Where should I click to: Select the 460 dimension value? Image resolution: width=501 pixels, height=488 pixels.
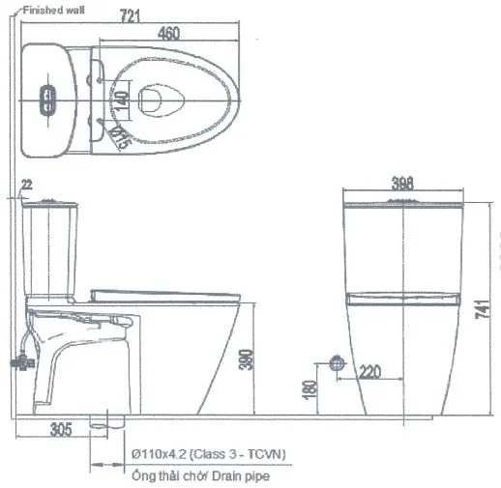tap(167, 34)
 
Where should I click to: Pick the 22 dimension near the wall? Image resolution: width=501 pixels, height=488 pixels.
tap(26, 184)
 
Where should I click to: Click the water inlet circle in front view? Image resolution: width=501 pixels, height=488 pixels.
tap(336, 363)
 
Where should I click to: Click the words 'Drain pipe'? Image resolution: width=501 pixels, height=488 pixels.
tap(244, 475)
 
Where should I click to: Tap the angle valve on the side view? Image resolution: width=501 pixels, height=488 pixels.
tap(18, 362)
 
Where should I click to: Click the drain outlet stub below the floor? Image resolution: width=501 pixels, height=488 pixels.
tap(100, 422)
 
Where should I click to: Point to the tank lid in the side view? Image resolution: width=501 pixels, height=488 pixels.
tap(49, 204)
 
